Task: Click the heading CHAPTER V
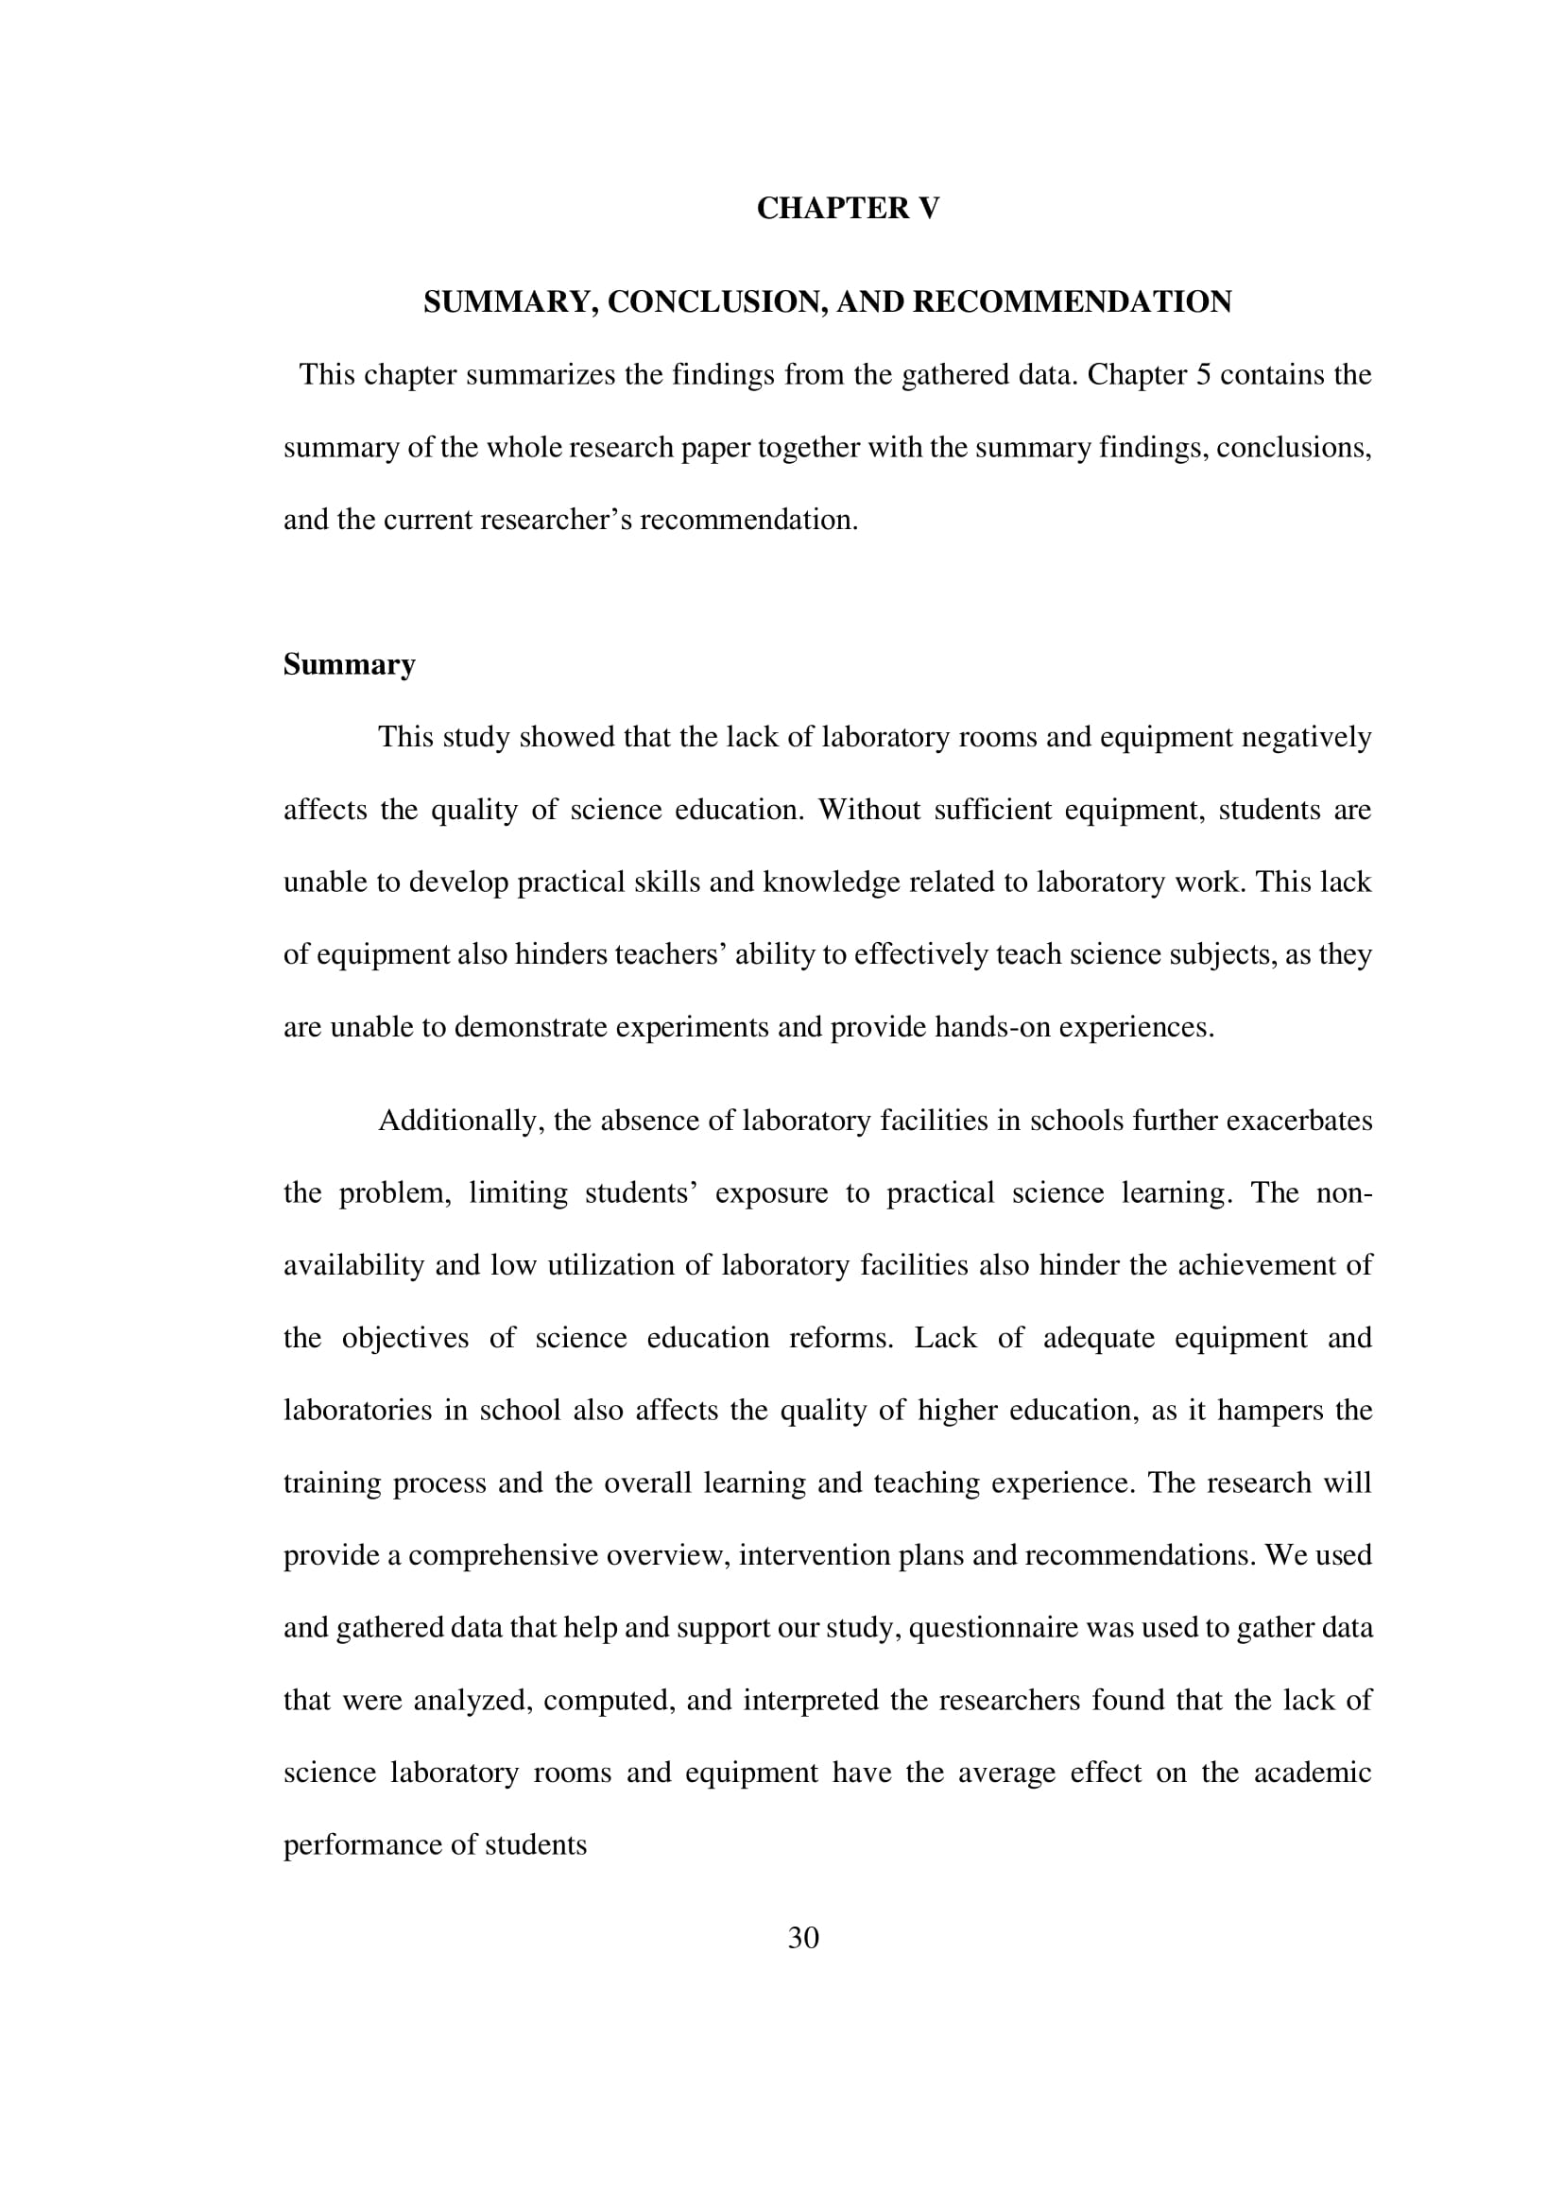(847, 209)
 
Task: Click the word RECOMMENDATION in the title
(1072, 302)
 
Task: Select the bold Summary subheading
(349, 665)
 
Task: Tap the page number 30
(802, 1938)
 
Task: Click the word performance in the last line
(352, 1845)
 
